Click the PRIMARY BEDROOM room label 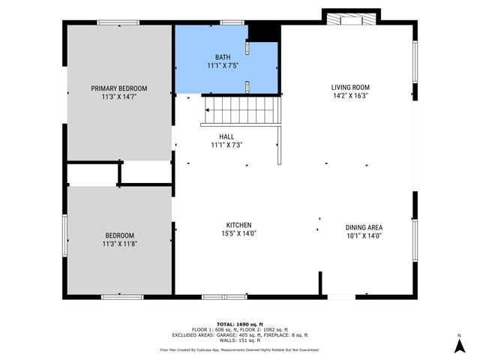tap(118, 88)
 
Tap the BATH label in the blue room tap(223, 57)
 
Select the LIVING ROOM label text tap(350, 87)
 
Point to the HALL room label tap(226, 136)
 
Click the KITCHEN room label tap(238, 225)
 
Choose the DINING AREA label tap(364, 227)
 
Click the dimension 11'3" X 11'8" tap(118, 244)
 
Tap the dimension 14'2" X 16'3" tap(350, 96)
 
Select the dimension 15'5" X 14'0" tap(238, 234)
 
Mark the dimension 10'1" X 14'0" tap(364, 236)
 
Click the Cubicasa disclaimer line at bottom tap(239, 349)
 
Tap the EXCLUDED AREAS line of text tap(239, 334)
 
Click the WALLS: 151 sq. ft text tap(239, 340)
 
